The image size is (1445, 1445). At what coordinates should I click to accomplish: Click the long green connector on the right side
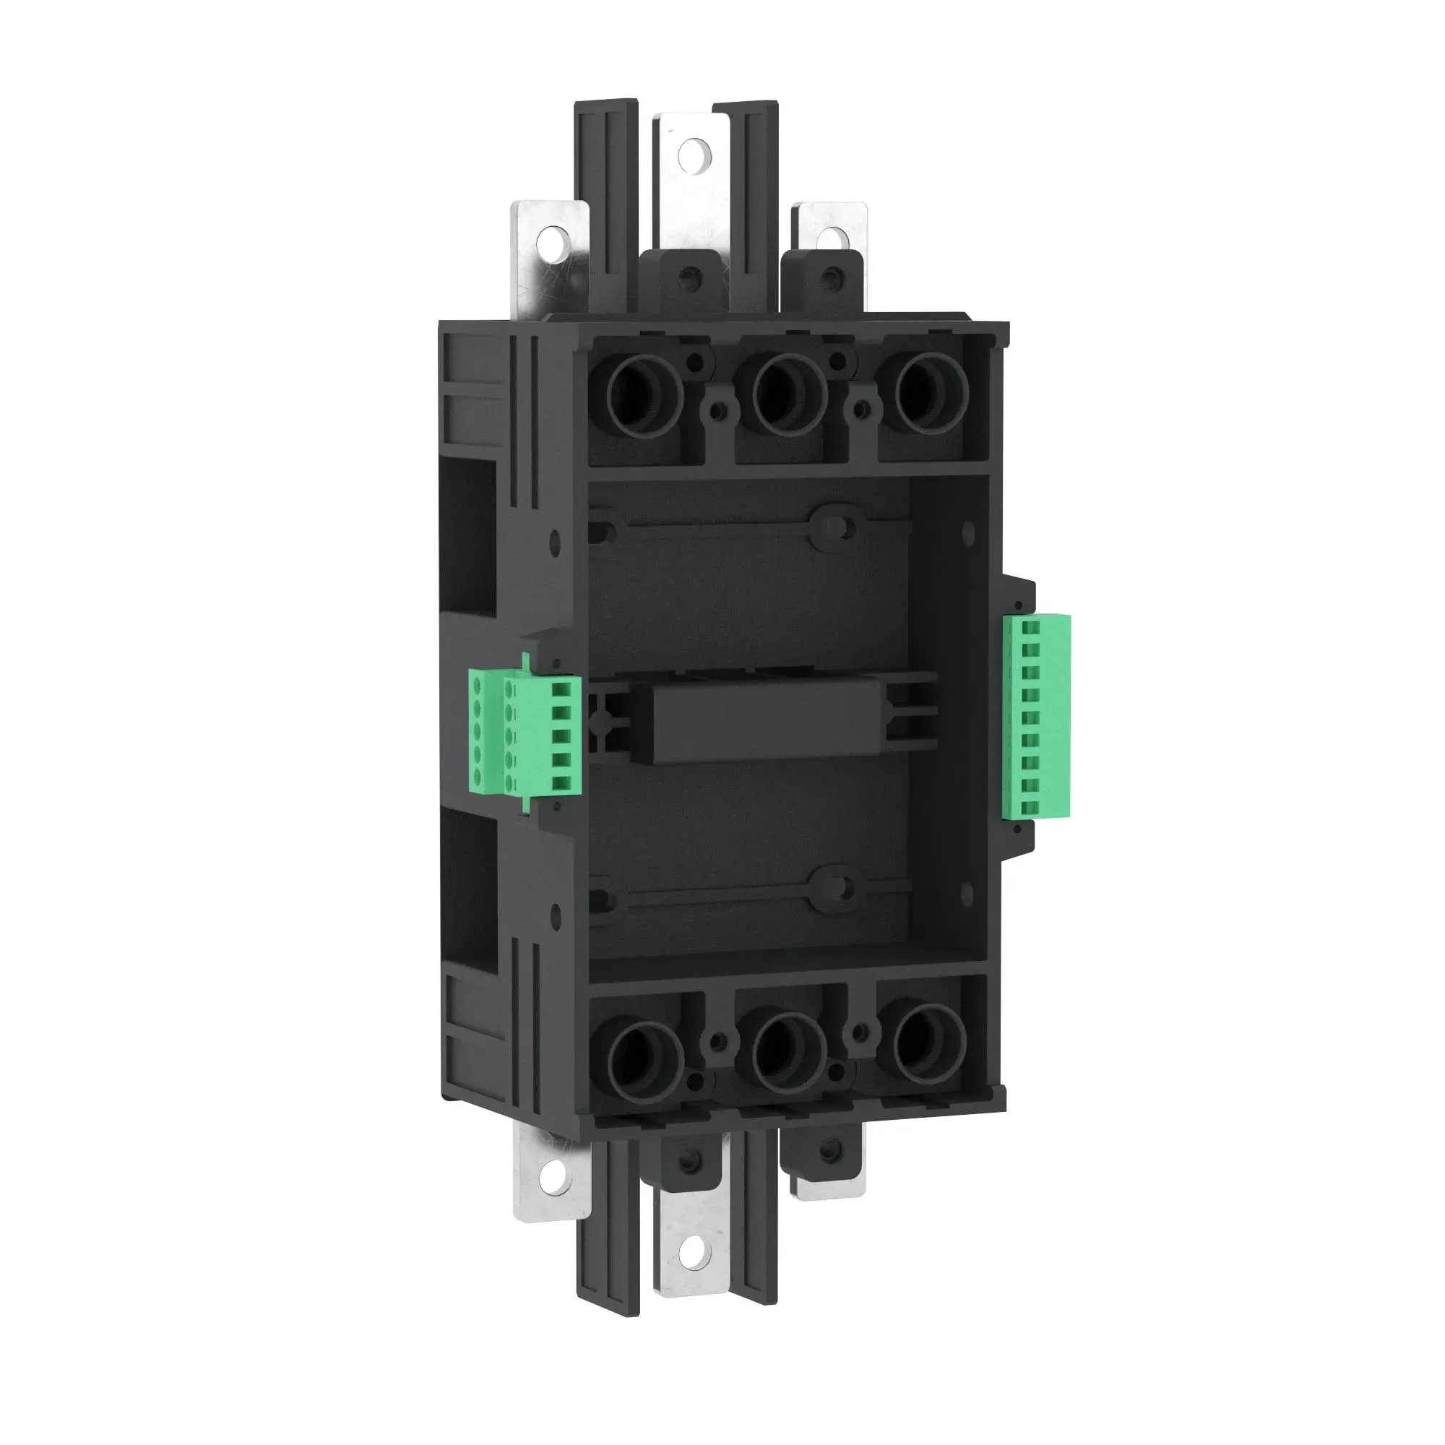[x=1038, y=717]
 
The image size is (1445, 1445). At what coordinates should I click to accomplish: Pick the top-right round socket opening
[x=931, y=395]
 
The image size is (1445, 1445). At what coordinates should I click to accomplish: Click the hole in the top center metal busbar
[x=692, y=151]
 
